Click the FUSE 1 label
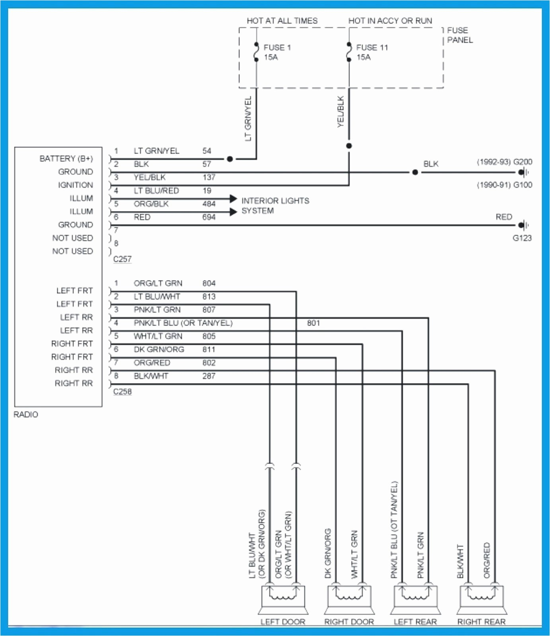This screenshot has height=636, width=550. [277, 48]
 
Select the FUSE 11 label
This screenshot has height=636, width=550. [372, 48]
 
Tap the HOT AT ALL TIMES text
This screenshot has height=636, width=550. [282, 21]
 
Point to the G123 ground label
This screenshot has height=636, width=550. [522, 238]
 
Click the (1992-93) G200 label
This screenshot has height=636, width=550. [504, 162]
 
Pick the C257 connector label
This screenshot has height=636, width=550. [122, 259]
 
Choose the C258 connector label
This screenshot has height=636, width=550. [122, 392]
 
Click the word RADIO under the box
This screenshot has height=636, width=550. [26, 415]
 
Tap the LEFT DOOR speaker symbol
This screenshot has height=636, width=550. [283, 599]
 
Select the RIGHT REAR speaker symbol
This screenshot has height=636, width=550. [482, 599]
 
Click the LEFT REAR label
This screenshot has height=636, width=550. [415, 622]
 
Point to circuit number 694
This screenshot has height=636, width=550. [209, 217]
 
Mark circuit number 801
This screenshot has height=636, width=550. [313, 323]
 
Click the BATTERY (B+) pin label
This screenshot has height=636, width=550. [66, 159]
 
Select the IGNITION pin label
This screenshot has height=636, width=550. [75, 185]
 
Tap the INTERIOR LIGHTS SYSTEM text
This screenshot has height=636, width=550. [275, 206]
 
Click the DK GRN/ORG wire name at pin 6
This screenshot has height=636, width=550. [159, 349]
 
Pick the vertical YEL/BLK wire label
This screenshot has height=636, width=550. [340, 112]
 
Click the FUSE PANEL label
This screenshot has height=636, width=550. [460, 35]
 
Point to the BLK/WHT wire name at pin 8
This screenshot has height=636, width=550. [151, 376]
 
